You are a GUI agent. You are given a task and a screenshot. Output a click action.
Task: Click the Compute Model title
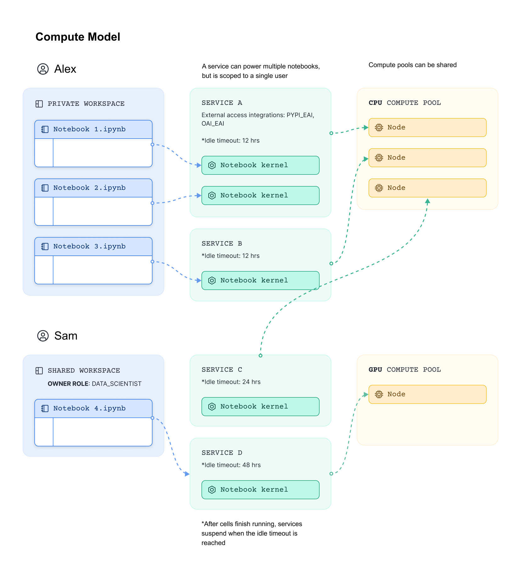(78, 37)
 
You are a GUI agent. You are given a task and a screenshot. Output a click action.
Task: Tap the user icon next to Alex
(43, 69)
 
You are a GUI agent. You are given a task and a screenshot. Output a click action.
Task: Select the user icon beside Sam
(43, 336)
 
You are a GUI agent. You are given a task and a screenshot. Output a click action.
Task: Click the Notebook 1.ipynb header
(93, 129)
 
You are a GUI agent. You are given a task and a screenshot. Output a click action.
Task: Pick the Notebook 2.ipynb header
(93, 188)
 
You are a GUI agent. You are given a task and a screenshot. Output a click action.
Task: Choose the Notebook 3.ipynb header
(93, 247)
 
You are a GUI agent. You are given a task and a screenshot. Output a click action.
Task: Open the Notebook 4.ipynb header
(93, 408)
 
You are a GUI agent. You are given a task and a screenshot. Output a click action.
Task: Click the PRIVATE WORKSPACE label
(86, 104)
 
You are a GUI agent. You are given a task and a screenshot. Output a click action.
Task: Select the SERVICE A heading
(222, 103)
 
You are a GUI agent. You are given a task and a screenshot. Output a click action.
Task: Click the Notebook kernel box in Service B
(260, 281)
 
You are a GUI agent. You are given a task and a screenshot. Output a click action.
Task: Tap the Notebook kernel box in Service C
(260, 406)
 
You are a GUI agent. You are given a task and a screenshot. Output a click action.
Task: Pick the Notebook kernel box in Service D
(260, 490)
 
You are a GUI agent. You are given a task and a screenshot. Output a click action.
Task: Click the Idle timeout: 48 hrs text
(231, 465)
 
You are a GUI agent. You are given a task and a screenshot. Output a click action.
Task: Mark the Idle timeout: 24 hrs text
(231, 382)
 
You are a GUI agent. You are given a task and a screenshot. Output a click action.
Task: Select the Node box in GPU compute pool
(427, 394)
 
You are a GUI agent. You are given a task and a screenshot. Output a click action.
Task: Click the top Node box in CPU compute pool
(427, 128)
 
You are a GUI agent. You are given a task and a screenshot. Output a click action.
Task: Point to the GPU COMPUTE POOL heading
(405, 370)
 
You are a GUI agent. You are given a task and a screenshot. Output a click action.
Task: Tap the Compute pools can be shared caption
(413, 65)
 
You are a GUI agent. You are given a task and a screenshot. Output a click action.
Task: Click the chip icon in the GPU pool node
(379, 394)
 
